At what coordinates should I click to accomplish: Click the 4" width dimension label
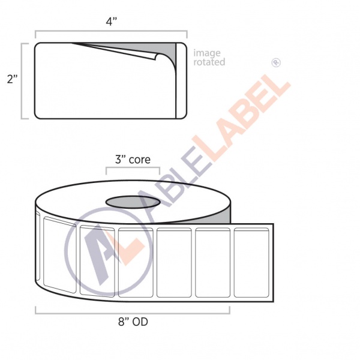[112, 22]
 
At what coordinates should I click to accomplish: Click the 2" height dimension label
[13, 79]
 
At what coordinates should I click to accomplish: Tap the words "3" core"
[133, 160]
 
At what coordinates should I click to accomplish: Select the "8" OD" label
[133, 322]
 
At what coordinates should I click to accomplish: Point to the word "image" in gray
[207, 53]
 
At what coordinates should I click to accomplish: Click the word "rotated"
[209, 62]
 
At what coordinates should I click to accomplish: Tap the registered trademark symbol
[276, 62]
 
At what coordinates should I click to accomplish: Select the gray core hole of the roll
[133, 202]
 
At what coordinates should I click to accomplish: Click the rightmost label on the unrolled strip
[251, 262]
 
